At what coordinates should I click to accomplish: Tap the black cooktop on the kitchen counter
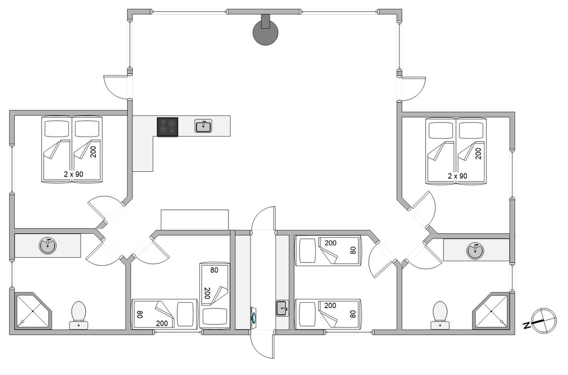168,127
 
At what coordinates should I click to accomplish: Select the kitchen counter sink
203,126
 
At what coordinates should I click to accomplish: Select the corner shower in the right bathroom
491,311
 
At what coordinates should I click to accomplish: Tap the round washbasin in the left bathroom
48,246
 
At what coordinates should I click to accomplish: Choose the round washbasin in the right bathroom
475,250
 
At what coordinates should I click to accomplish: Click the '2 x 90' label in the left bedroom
73,174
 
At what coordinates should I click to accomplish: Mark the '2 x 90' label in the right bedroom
457,176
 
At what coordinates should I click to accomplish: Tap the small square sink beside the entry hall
282,308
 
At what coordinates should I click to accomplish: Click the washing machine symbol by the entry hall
254,315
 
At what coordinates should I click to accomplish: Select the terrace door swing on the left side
116,86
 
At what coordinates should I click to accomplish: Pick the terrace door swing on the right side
413,89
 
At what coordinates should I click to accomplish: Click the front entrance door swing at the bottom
262,344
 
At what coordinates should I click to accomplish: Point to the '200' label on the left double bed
94,151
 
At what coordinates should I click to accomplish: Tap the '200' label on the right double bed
478,153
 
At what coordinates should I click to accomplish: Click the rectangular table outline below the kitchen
195,220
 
